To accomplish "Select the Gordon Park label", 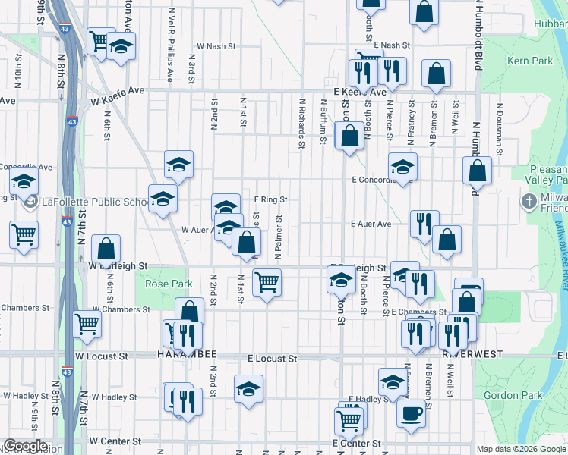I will [x=519, y=395].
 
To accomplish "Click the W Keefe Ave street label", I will [x=117, y=90].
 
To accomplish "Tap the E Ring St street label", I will [x=271, y=199].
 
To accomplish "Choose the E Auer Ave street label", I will [x=371, y=224].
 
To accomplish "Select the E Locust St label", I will [x=272, y=357].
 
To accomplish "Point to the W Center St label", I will [x=115, y=440].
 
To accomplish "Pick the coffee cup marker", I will [x=412, y=413].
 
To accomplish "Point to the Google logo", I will [x=25, y=446].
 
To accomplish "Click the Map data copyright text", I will [x=521, y=449].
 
